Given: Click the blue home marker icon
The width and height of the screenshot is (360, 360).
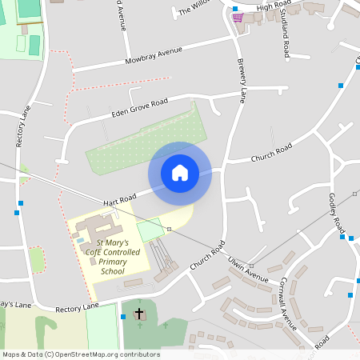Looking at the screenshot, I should coord(180,173).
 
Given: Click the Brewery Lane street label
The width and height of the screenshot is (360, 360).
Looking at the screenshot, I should coord(239,80).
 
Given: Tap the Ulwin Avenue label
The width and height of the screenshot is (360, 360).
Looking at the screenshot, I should coord(246,270).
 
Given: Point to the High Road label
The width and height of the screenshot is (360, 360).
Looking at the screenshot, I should coord(274,6).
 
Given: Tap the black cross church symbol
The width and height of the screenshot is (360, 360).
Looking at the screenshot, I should coord(139,314).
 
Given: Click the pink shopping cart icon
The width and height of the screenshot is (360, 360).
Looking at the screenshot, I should coord(237,17).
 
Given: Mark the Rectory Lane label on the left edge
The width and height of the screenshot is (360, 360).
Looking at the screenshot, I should coord(22,128).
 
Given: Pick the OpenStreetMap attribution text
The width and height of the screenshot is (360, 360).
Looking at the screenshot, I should coord(82,354).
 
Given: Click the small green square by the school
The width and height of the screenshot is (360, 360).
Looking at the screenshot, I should coord(149,230).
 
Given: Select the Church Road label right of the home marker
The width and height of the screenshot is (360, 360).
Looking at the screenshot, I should coord(272,152).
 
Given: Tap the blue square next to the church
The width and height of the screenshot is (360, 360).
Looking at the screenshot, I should coord(122,317).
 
